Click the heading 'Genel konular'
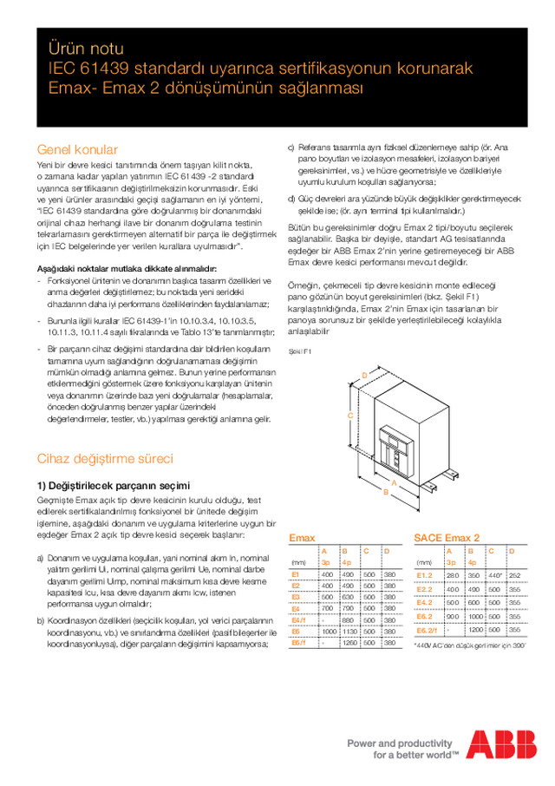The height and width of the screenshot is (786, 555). tap(77, 149)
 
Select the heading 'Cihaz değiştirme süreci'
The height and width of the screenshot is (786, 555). tap(105, 458)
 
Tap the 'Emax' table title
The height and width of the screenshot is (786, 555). tap(302, 538)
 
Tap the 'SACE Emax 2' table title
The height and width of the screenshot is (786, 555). tap(447, 538)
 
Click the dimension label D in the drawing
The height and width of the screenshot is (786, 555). tap(365, 374)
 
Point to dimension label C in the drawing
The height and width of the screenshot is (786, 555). tap(349, 416)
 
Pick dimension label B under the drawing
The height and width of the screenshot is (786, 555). tap(386, 491)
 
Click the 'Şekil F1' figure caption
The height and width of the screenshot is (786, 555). tap(299, 351)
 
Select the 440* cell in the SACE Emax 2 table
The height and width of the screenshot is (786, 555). tap(494, 574)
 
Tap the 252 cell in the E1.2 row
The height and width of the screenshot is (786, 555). tap(515, 574)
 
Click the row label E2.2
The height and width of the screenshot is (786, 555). tap(425, 588)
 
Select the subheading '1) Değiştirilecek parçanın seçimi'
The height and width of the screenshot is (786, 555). tap(113, 485)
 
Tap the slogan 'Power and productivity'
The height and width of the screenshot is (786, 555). tap(400, 743)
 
